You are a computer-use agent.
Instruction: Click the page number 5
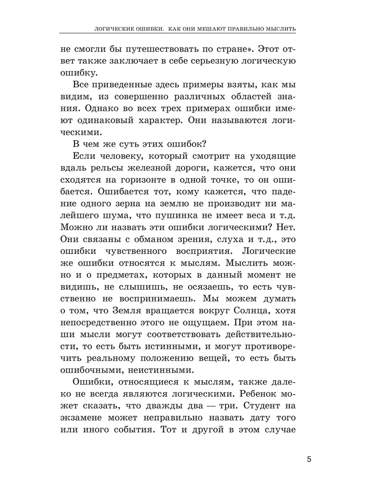point(309,459)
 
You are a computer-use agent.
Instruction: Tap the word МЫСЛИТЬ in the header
point(280,29)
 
